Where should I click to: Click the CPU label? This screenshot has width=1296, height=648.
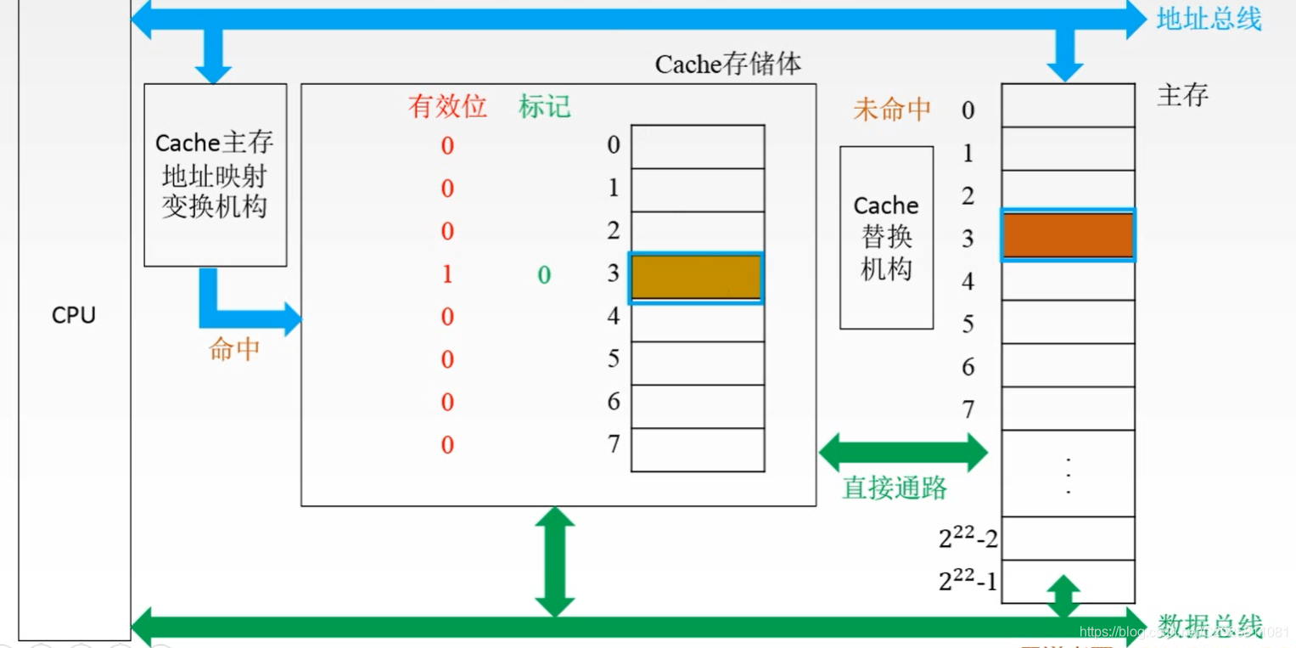click(x=73, y=315)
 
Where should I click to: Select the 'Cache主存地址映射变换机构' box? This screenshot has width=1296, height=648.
click(x=215, y=174)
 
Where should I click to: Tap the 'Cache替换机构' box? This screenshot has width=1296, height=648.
click(x=886, y=237)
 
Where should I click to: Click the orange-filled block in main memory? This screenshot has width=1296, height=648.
click(x=1068, y=235)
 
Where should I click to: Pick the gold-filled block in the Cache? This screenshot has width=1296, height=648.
click(x=696, y=278)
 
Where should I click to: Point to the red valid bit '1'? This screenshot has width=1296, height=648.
click(x=447, y=274)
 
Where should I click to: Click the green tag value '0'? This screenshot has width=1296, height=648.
click(x=544, y=274)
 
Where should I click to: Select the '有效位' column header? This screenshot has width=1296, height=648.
click(x=447, y=106)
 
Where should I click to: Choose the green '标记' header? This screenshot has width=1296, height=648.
click(x=544, y=106)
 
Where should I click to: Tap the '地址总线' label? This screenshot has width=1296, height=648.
click(x=1209, y=19)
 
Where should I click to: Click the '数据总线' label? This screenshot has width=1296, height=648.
click(x=1209, y=626)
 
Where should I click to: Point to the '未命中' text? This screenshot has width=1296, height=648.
click(x=891, y=110)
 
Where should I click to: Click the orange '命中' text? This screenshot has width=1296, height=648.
click(x=233, y=349)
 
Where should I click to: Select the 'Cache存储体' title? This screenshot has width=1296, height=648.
click(x=727, y=65)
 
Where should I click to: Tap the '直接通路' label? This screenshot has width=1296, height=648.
click(x=895, y=487)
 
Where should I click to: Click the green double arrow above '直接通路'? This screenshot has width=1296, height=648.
click(x=903, y=452)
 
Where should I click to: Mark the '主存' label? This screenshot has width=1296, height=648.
click(x=1181, y=95)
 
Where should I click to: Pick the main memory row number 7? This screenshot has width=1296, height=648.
click(x=968, y=410)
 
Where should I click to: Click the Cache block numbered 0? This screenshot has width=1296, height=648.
click(x=697, y=146)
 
